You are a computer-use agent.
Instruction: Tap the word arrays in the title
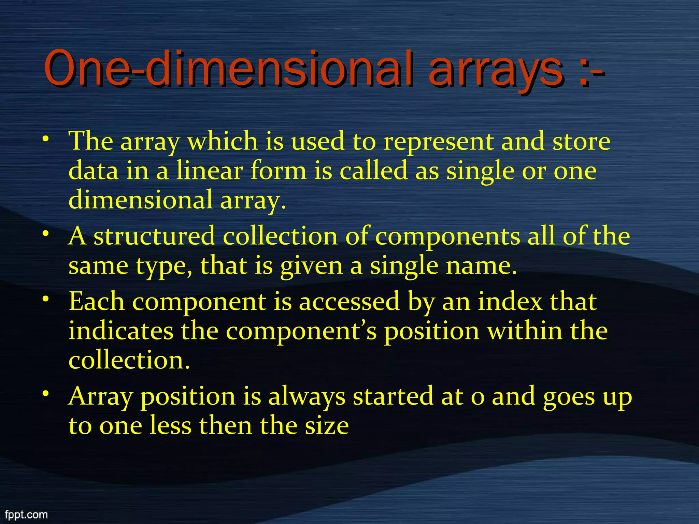(495, 70)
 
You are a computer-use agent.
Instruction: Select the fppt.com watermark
(26, 514)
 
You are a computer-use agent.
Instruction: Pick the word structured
(154, 236)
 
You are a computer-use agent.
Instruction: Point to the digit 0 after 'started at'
(477, 398)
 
